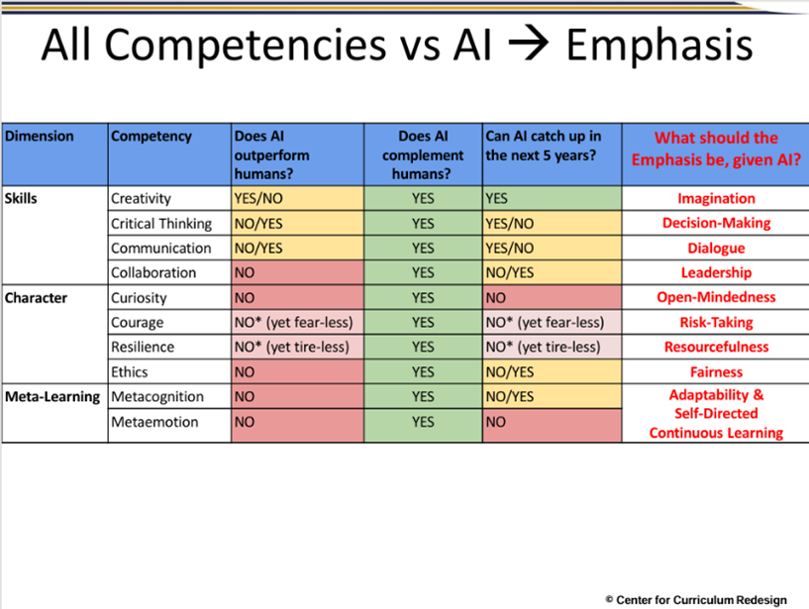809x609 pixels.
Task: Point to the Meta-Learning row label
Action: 51,397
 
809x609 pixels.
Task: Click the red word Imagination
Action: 716,198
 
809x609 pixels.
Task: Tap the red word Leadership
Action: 716,272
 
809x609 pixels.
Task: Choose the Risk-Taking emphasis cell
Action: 716,322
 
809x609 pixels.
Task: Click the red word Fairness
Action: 716,372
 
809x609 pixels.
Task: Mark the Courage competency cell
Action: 138,322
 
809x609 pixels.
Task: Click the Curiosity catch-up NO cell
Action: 552,297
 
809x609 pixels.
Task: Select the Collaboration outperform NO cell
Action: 296,272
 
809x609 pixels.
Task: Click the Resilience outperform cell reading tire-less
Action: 296,347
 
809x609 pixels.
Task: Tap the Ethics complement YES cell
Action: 423,372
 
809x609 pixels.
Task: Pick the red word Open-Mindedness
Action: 716,297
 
